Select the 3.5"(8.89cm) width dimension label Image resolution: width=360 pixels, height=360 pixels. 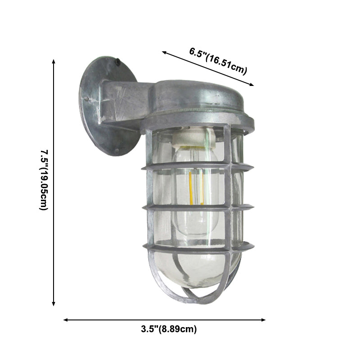[166, 329]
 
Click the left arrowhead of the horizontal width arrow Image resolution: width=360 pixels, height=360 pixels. [66, 320]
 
